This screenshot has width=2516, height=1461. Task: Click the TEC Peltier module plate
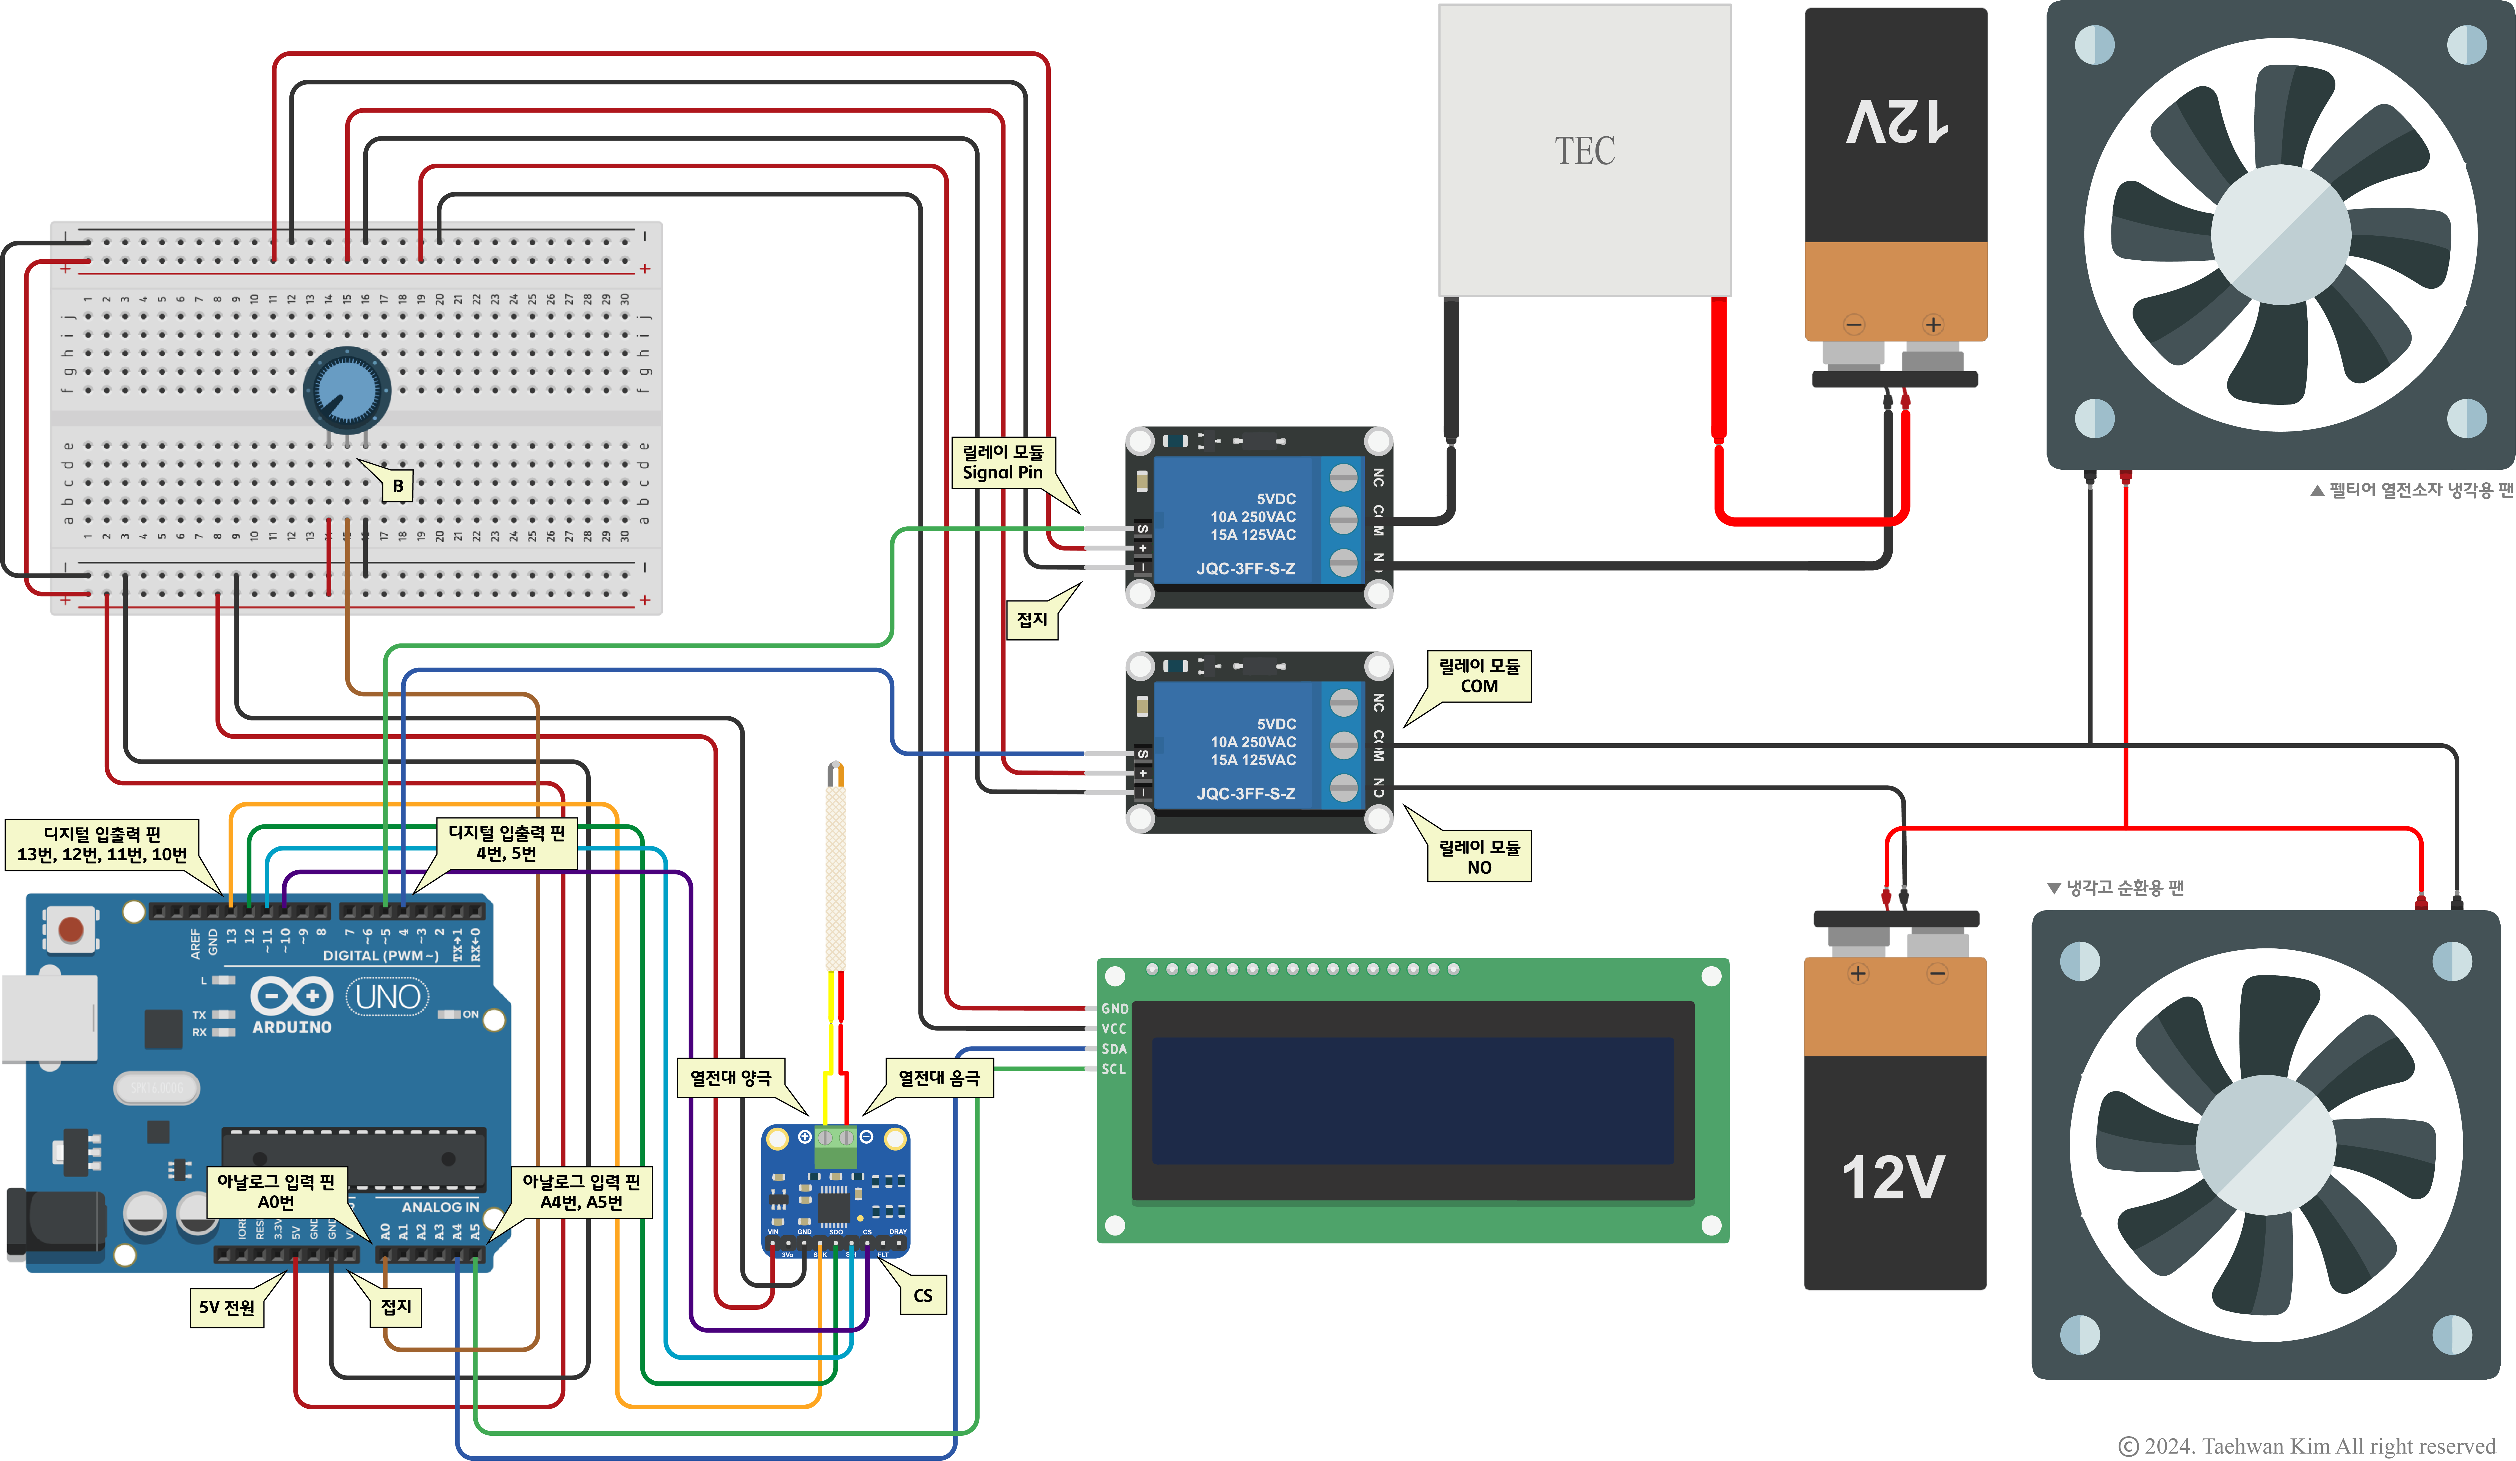tap(1585, 150)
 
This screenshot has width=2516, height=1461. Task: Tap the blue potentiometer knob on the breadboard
tap(346, 389)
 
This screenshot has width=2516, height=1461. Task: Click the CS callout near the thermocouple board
tap(922, 1295)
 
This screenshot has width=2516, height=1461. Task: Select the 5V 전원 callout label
tap(227, 1307)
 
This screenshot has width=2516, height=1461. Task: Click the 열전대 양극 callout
tap(731, 1077)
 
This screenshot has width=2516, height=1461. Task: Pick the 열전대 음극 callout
tap(939, 1077)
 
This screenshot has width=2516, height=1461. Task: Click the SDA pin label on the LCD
tap(1113, 1049)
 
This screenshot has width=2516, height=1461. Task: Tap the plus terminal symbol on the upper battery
tap(1933, 324)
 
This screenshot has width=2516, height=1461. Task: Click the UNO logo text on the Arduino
tap(387, 997)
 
